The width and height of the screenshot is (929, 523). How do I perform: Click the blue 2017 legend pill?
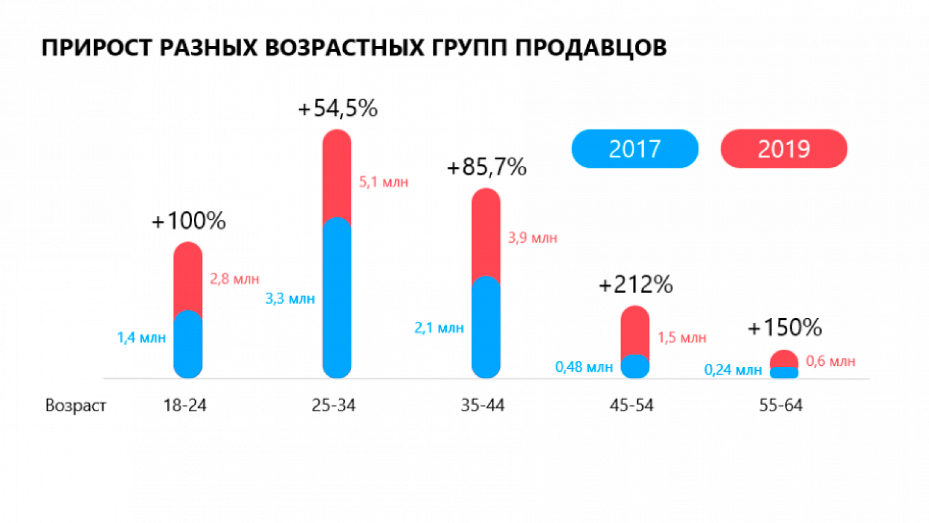pyautogui.click(x=635, y=149)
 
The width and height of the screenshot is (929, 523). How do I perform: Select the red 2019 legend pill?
pyautogui.click(x=783, y=149)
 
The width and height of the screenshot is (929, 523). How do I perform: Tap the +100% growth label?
pyautogui.click(x=189, y=221)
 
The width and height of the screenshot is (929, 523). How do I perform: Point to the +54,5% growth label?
pyautogui.click(x=338, y=109)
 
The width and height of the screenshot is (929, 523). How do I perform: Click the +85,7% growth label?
pyautogui.click(x=487, y=167)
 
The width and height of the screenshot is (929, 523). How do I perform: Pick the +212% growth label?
pyautogui.click(x=636, y=285)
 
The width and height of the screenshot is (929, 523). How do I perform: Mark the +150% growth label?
pyautogui.click(x=785, y=327)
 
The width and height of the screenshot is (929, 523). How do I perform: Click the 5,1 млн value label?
pyautogui.click(x=384, y=182)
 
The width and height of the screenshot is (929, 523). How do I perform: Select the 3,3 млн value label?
pyautogui.click(x=290, y=298)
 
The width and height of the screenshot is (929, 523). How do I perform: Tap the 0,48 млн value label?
pyautogui.click(x=584, y=367)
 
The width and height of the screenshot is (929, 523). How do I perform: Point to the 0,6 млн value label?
pyautogui.click(x=831, y=361)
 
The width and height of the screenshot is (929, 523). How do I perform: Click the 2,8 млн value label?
pyautogui.click(x=234, y=279)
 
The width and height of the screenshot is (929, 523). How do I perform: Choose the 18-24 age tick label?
pyautogui.click(x=185, y=405)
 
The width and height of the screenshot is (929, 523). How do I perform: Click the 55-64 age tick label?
pyautogui.click(x=781, y=405)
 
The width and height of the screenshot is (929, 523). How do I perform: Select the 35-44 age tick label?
pyautogui.click(x=482, y=405)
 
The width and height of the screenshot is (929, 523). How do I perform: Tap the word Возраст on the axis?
pyautogui.click(x=76, y=405)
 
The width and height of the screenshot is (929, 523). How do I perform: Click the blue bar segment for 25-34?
pyautogui.click(x=337, y=297)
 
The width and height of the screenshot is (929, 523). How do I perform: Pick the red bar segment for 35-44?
pyautogui.click(x=486, y=232)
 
